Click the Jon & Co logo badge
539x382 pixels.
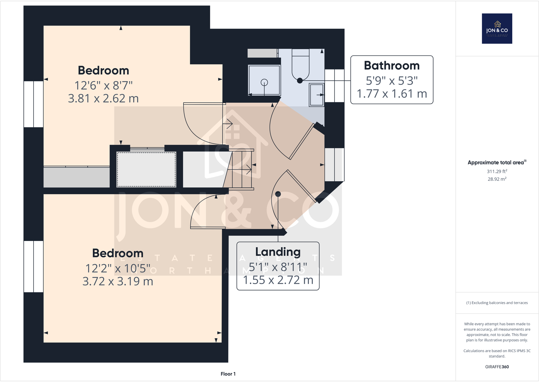point(497,28)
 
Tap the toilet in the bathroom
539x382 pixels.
point(300,66)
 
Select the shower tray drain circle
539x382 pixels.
point(264,82)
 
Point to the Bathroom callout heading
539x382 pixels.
point(392,65)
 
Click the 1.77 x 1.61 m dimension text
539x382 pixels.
point(392,94)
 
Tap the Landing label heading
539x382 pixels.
point(278,252)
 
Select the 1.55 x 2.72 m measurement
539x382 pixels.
point(278,280)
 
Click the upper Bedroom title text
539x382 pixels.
point(103,71)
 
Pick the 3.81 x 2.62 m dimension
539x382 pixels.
point(103,98)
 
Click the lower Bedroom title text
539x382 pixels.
point(118,253)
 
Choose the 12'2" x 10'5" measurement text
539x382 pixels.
point(118,268)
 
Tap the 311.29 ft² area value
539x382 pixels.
point(497,172)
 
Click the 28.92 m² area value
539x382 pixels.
point(497,179)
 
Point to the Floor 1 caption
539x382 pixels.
point(228,374)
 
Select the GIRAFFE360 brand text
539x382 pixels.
point(497,367)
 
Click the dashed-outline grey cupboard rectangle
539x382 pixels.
point(146,169)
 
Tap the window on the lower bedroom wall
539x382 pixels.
point(33,266)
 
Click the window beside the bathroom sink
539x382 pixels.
point(335,85)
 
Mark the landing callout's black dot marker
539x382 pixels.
point(278,194)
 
